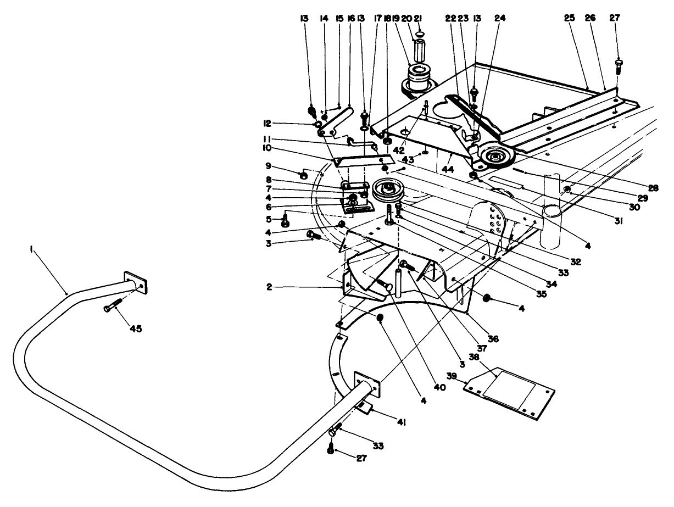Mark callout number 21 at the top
pos(419,18)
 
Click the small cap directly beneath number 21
pos(420,34)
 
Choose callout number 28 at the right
pos(652,188)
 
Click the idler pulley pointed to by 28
pos(497,158)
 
